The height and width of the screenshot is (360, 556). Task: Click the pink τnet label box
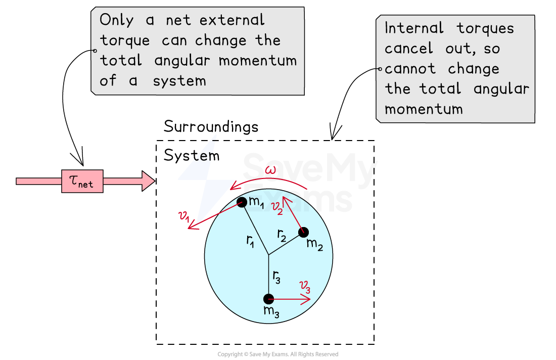click(x=82, y=181)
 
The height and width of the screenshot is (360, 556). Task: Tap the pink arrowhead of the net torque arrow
click(x=148, y=181)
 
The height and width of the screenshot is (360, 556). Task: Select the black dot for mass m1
click(x=242, y=202)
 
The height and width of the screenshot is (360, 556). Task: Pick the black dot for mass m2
click(x=303, y=232)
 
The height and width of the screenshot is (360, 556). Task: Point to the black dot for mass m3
click(x=268, y=299)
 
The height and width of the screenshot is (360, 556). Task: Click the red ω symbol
click(x=271, y=170)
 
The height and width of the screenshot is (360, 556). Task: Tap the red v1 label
click(x=184, y=216)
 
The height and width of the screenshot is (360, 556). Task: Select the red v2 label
click(x=277, y=207)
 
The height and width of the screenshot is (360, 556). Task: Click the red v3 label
click(x=305, y=286)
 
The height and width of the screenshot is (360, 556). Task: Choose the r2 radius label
click(x=282, y=234)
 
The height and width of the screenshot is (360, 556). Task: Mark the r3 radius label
click(x=276, y=276)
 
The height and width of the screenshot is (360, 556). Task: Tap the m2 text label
click(x=314, y=244)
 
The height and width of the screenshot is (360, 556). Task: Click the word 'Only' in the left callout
click(x=117, y=21)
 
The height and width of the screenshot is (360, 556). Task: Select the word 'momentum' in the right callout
click(x=424, y=109)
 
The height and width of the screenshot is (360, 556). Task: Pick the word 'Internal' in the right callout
click(x=414, y=28)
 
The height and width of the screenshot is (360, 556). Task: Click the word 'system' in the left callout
click(x=179, y=81)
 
